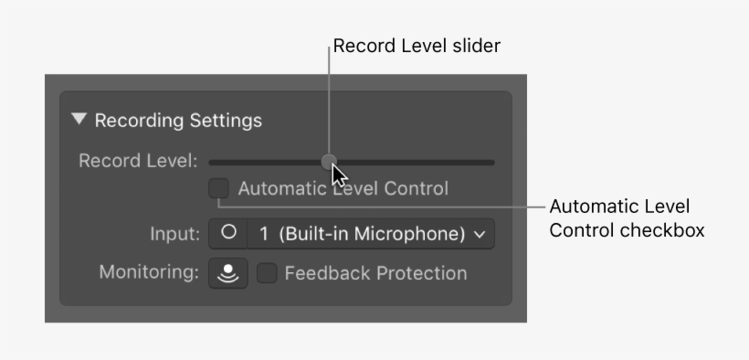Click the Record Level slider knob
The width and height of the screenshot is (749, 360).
pyautogui.click(x=329, y=162)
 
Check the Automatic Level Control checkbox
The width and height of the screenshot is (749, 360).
pyautogui.click(x=218, y=189)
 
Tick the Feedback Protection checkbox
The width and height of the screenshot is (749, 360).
pyautogui.click(x=267, y=273)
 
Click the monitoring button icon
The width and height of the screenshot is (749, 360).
pyautogui.click(x=227, y=273)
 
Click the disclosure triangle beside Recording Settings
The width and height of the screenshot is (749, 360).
pyautogui.click(x=79, y=120)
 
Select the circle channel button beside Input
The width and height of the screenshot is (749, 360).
pyautogui.click(x=228, y=233)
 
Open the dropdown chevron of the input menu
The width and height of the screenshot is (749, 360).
pyautogui.click(x=480, y=234)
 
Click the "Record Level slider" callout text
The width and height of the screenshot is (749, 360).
pyautogui.click(x=416, y=46)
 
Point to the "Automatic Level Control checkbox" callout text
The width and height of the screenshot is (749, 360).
pyautogui.click(x=626, y=218)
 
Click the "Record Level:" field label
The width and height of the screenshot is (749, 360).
pyautogui.click(x=138, y=162)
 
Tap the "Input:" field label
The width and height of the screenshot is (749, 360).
pyautogui.click(x=174, y=234)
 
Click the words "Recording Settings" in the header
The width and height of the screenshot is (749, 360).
pyautogui.click(x=178, y=120)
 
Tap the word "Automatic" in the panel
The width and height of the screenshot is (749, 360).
pyautogui.click(x=280, y=189)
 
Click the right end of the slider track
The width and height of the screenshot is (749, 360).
pyautogui.click(x=491, y=163)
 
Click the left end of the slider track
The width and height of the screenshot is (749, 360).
pyautogui.click(x=212, y=163)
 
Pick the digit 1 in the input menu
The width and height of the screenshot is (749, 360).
pyautogui.click(x=264, y=233)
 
